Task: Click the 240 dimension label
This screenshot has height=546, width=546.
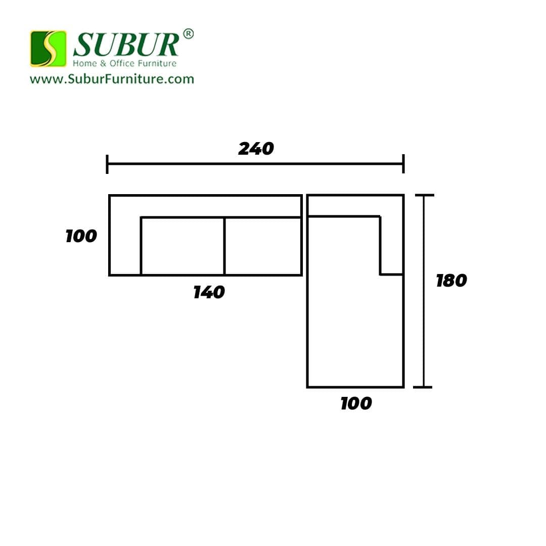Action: point(256,149)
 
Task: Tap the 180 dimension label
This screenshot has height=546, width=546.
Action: point(451,281)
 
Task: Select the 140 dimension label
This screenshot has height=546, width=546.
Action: point(209,292)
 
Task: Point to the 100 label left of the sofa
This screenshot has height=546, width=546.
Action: point(81,236)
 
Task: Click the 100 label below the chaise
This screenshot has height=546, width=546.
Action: point(356,403)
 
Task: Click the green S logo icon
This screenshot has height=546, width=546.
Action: point(48,49)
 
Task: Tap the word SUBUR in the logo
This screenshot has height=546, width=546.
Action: point(126,44)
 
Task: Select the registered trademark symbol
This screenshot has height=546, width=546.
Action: point(188,34)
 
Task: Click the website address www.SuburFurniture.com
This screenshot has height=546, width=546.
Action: point(112,79)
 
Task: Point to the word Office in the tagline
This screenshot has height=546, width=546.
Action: point(122,63)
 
